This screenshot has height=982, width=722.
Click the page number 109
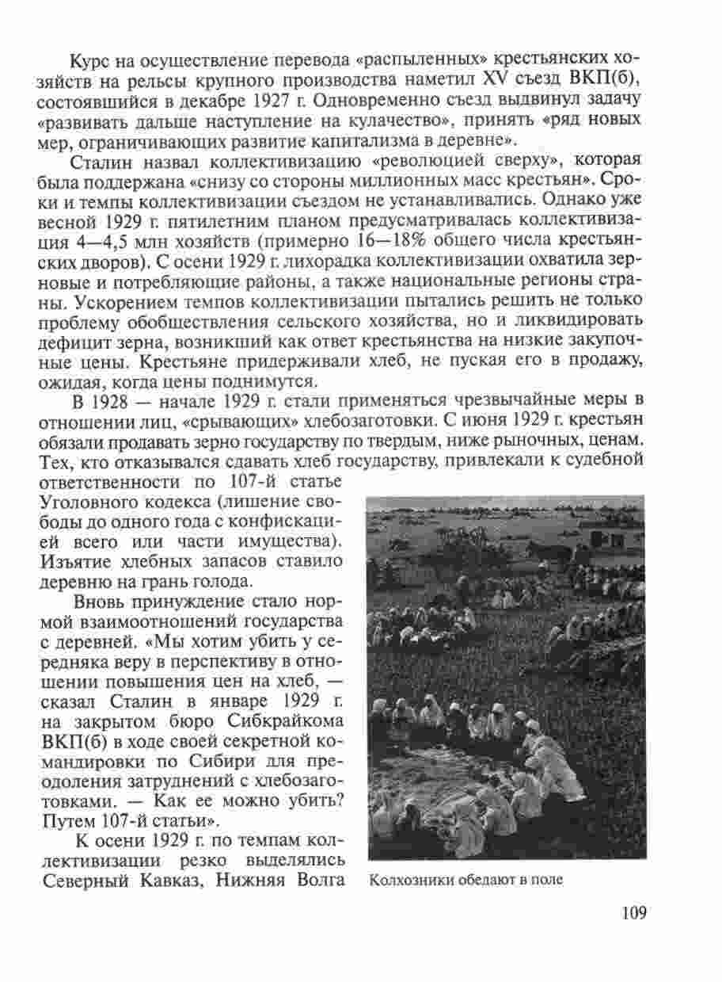pyautogui.click(x=634, y=912)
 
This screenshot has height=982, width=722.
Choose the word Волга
pyautogui.click(x=318, y=880)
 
